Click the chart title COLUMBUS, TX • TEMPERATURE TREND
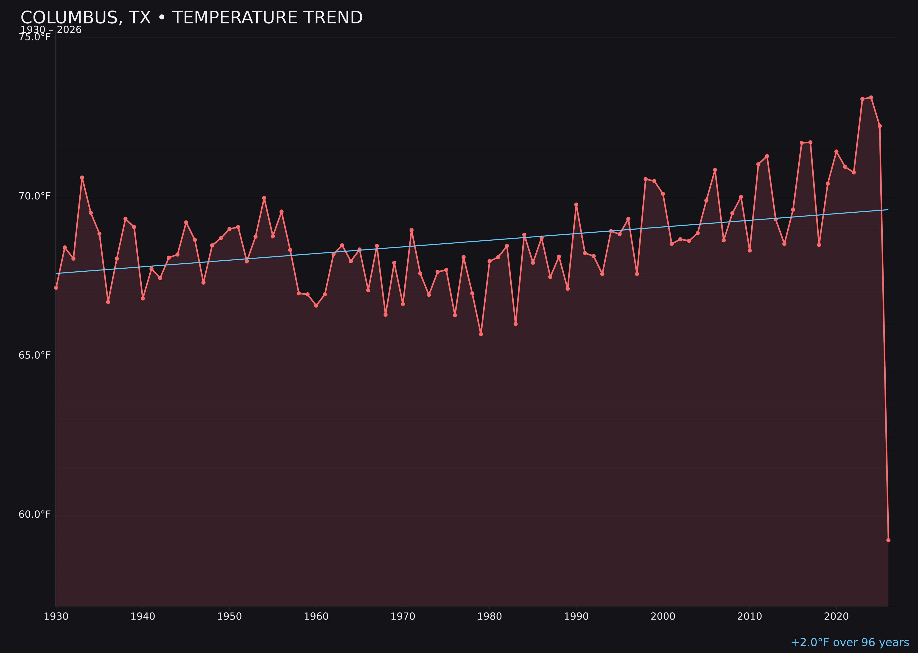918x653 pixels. tap(191, 18)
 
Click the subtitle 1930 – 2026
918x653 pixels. tap(51, 30)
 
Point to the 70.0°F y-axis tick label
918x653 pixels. tap(35, 196)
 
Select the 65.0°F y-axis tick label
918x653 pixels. tap(35, 355)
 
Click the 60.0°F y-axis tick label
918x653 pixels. tap(35, 515)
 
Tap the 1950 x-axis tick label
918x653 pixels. tap(229, 616)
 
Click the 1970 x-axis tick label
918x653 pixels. tap(403, 616)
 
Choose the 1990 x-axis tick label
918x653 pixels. tap(576, 616)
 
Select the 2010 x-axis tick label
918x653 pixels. tap(750, 616)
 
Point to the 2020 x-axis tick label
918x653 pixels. tap(836, 616)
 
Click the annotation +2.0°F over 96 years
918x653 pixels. tap(850, 642)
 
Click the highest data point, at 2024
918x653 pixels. tap(871, 97)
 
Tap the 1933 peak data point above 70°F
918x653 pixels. tap(82, 177)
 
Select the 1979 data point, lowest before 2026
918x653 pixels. tap(481, 334)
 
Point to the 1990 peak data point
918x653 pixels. tap(576, 204)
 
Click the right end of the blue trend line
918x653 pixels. tap(888, 209)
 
